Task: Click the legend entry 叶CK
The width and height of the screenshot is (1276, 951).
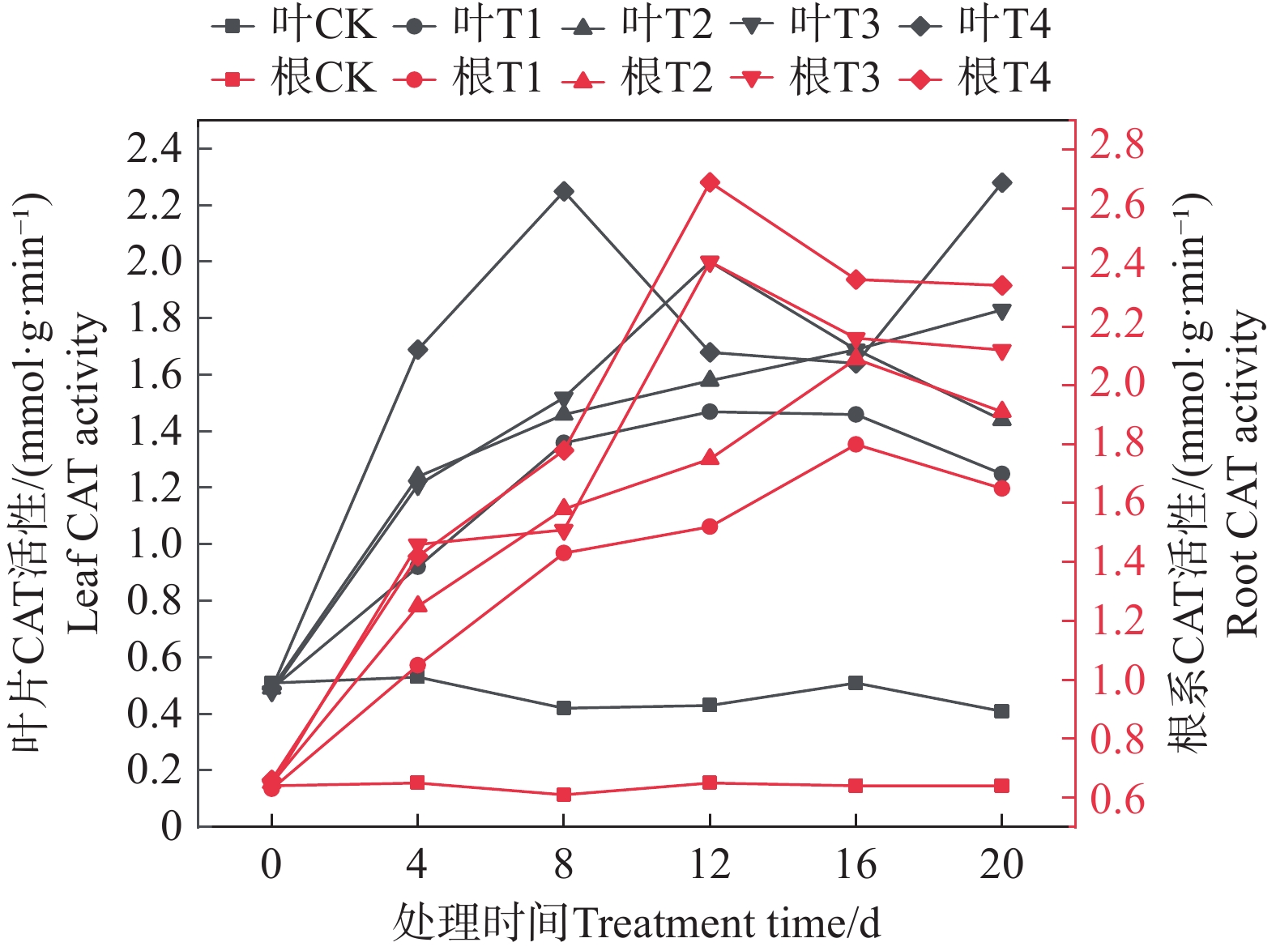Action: tap(295, 25)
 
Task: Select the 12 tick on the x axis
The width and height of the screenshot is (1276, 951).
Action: tap(710, 864)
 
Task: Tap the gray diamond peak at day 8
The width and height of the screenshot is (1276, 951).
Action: tap(564, 192)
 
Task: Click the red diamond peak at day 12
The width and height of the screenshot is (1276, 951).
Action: tap(710, 183)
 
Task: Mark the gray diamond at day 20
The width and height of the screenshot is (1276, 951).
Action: tap(1001, 183)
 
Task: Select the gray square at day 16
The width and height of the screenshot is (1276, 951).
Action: tap(856, 683)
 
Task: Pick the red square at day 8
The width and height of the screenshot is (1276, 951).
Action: tap(564, 795)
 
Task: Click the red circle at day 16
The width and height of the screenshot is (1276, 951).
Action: tap(856, 444)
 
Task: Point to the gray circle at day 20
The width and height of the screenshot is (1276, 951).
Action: tap(1001, 474)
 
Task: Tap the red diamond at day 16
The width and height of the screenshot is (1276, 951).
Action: tap(856, 280)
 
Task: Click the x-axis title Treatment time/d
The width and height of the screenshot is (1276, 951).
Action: tap(637, 923)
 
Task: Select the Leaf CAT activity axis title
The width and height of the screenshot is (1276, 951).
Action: tap(83, 474)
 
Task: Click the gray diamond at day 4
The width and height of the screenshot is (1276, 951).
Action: tap(418, 350)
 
